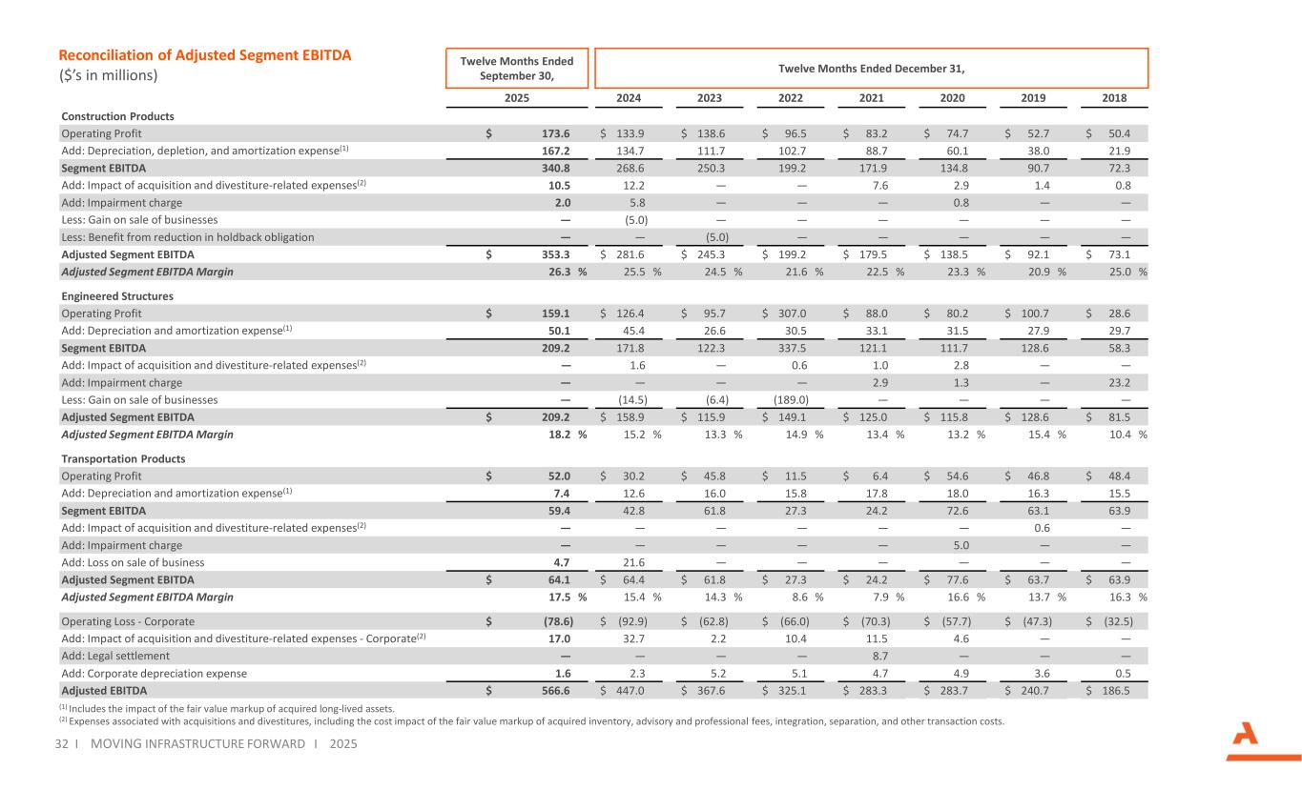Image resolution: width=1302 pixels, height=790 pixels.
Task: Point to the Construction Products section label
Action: [x=117, y=116]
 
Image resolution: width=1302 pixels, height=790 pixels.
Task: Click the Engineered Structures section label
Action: [x=117, y=296]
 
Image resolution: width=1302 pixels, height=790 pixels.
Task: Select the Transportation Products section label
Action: [x=123, y=458]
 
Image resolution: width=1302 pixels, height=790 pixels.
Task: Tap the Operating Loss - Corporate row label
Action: [x=128, y=621]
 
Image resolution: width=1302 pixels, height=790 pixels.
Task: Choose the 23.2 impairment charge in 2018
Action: [x=1121, y=382]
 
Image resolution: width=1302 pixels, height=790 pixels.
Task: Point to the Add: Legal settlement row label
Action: [x=115, y=656]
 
